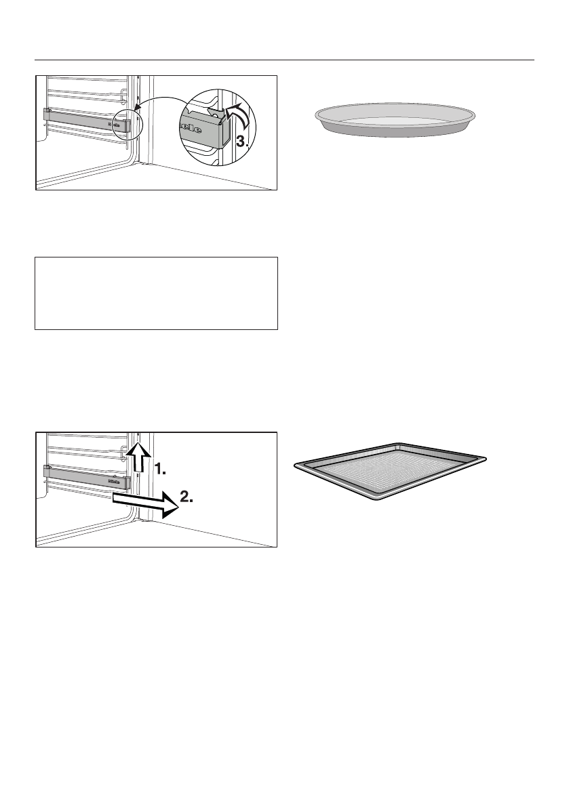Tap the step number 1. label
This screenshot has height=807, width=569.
pyautogui.click(x=163, y=468)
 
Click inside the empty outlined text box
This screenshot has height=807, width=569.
pyautogui.click(x=156, y=293)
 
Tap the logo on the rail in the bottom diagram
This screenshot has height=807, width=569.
pyautogui.click(x=115, y=480)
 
